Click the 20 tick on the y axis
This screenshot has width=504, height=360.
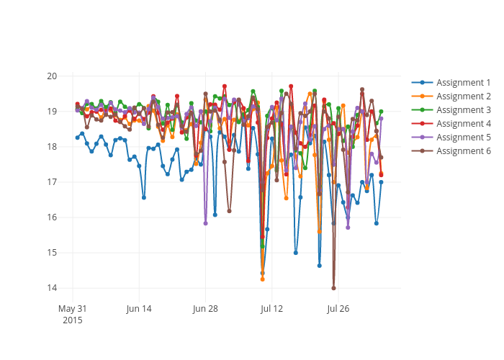pyautogui.click(x=53, y=76)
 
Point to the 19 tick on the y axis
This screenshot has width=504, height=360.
pyautogui.click(x=53, y=112)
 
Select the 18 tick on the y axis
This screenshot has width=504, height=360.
pyautogui.click(x=53, y=147)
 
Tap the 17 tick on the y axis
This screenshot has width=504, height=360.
pyautogui.click(x=53, y=182)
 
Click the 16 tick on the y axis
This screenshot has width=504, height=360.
pyautogui.click(x=53, y=217)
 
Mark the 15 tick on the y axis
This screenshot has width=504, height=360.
pyautogui.click(x=53, y=253)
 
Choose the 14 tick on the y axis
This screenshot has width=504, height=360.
pyautogui.click(x=53, y=288)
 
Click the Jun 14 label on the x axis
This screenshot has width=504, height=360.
pyautogui.click(x=139, y=309)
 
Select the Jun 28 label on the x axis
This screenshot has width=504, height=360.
pyautogui.click(x=205, y=309)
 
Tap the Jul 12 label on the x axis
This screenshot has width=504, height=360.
pyautogui.click(x=271, y=309)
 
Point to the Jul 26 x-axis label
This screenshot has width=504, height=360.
pyautogui.click(x=338, y=309)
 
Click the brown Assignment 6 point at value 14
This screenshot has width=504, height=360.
pyautogui.click(x=333, y=288)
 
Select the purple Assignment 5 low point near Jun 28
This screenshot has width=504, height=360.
pyautogui.click(x=205, y=223)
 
